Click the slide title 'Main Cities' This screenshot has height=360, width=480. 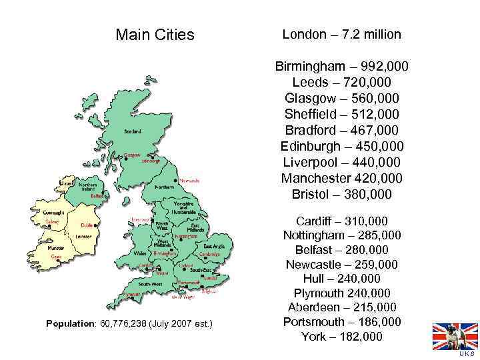click(155, 34)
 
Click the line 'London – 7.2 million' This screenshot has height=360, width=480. click(342, 34)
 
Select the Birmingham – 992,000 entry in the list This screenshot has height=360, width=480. click(342, 67)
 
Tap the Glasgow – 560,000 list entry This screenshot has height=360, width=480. click(342, 98)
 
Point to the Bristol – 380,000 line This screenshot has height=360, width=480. click(342, 195)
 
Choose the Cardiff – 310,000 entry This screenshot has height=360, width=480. click(342, 221)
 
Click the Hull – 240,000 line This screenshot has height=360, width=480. click(342, 279)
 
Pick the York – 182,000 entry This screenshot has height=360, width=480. click(342, 337)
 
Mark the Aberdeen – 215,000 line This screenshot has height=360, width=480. click(342, 307)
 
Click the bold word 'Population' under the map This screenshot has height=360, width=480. click(70, 324)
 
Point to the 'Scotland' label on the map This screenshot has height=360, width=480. click(132, 131)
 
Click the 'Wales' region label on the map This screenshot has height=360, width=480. click(140, 253)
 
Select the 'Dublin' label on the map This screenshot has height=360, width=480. click(88, 226)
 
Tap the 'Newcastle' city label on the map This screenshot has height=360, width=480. click(189, 180)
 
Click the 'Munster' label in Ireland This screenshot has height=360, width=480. click(56, 247)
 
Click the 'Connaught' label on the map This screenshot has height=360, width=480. click(53, 213)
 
